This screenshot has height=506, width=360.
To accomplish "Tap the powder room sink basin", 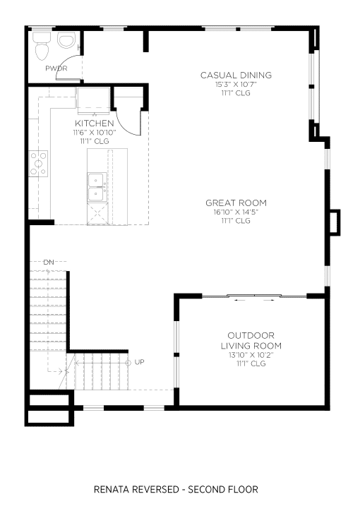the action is click(x=66, y=40).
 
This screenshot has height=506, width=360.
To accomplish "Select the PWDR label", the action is click(x=56, y=68).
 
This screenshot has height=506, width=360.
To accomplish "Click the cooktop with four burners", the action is click(x=38, y=164).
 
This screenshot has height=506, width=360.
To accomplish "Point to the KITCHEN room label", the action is click(x=95, y=124).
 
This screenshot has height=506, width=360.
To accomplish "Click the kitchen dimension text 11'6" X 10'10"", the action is click(x=95, y=132).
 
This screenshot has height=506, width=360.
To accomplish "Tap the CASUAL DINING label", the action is click(x=236, y=76).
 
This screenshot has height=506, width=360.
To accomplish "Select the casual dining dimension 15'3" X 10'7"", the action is click(x=236, y=85).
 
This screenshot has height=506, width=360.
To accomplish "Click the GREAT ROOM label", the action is click(x=236, y=203).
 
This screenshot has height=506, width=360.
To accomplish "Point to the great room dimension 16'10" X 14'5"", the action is click(x=236, y=212).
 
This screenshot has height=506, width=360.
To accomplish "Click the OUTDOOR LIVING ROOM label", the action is click(x=251, y=340).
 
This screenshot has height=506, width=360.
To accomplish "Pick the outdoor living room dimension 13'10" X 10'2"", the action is click(x=251, y=355).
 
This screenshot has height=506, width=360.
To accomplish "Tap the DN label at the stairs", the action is click(x=49, y=263).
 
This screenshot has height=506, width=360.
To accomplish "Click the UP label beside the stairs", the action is click(x=139, y=362).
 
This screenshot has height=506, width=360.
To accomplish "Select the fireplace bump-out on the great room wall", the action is click(x=335, y=222).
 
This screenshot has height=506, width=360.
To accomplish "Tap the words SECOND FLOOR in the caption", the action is click(x=223, y=490).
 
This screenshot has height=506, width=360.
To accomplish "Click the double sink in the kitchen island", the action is click(x=96, y=187).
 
